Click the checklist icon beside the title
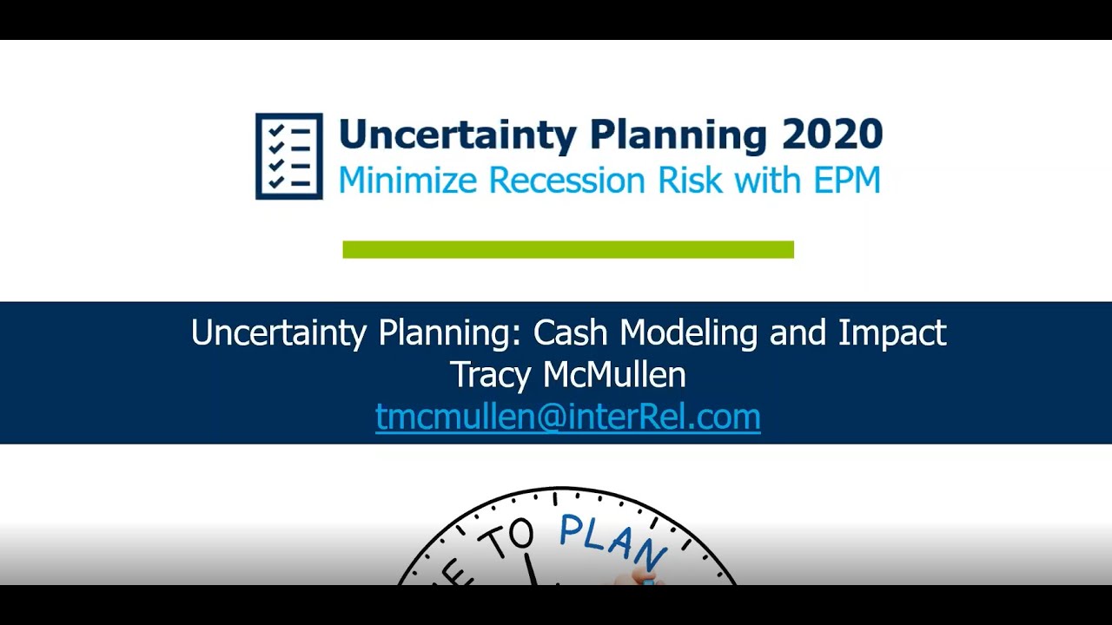pos(288,156)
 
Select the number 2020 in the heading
pos(831,135)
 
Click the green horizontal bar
pos(568,250)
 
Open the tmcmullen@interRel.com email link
pos(568,417)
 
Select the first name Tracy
pos(492,375)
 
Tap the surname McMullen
pos(614,375)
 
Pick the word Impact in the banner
pos(892,333)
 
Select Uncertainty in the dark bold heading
pos(457,135)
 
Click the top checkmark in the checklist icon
pos(277,130)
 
